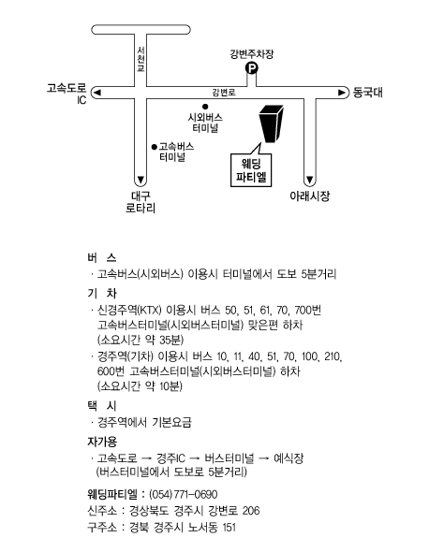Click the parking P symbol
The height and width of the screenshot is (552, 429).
coord(251,68)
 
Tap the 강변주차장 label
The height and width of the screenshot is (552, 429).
coord(252,54)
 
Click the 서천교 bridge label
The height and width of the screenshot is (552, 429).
coord(141,59)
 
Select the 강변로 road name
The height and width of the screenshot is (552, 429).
coord(224,93)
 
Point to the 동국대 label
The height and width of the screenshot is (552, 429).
coord(368,93)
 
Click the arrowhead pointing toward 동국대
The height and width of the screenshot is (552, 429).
coord(342,93)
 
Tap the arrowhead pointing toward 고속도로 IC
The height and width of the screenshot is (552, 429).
coord(96,93)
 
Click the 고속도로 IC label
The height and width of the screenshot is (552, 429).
coord(67,94)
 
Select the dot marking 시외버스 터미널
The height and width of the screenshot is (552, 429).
coord(205,107)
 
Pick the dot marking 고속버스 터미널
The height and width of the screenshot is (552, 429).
coord(154,147)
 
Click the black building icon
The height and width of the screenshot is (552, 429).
coord(271,123)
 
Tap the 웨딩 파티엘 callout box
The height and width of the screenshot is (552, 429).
coord(251,170)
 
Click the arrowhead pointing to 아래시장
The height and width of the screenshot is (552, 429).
coord(309,180)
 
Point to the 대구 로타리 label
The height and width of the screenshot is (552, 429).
coord(141,202)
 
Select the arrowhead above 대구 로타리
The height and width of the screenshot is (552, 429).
coord(141,180)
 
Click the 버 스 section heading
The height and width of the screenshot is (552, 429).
coord(102,257)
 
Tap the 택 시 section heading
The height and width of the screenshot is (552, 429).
coord(102,406)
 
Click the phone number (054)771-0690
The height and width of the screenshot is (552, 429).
coord(184,494)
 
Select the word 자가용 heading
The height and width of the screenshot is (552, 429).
coord(102,442)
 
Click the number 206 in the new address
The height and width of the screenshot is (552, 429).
coord(251,511)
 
